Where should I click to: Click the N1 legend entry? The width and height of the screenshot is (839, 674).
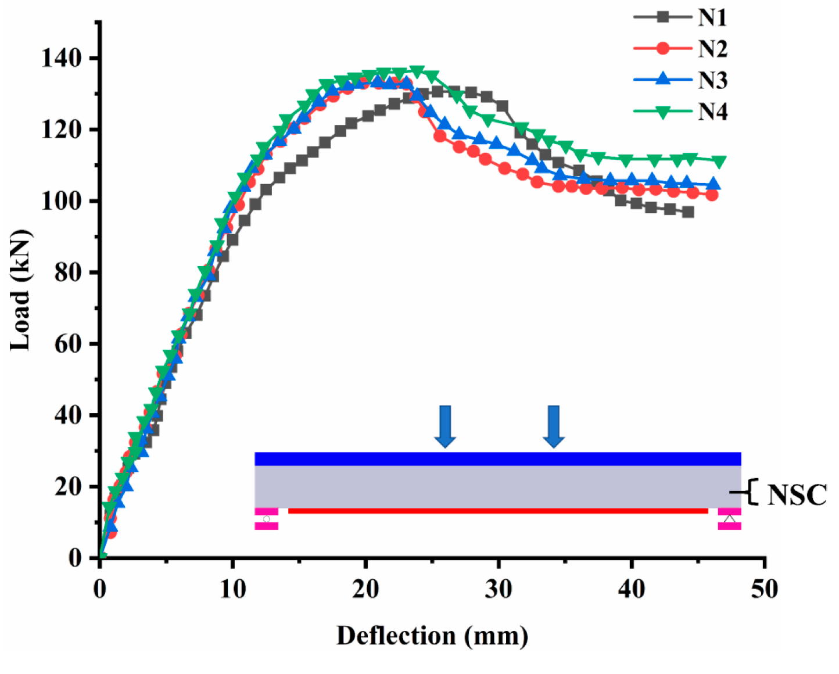680,17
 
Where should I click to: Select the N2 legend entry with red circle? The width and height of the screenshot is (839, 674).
680,49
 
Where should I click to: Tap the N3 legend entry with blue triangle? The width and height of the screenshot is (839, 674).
680,80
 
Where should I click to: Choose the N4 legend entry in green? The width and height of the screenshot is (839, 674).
680,111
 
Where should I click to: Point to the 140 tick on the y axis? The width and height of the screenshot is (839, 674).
61,58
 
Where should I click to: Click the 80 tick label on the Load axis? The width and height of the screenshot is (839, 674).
68,273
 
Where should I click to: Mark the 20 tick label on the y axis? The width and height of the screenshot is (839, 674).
68,487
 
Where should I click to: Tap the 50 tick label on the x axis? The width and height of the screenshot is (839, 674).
764,589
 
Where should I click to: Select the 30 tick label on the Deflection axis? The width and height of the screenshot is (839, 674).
499,589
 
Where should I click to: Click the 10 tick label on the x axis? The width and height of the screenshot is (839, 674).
232,589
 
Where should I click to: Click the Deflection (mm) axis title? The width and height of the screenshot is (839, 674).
432,636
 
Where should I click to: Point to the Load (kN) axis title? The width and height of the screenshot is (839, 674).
21,290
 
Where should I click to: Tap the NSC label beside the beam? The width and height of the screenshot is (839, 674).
797,494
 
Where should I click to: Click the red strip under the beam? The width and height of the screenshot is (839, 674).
498,511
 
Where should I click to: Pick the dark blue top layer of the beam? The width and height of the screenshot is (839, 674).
497,458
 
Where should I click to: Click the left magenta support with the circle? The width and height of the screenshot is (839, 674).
266,519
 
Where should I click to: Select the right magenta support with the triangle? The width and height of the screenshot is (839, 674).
729,519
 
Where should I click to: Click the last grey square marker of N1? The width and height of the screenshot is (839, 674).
688,212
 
